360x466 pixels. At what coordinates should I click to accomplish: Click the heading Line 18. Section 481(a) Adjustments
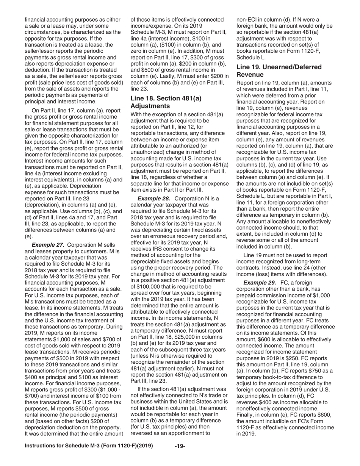[x=166, y=102]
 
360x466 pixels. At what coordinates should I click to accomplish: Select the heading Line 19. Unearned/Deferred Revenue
[x=279, y=71]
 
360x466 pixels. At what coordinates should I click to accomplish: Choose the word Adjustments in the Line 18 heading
[x=150, y=106]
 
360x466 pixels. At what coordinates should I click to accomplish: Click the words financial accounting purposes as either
[x=72, y=19]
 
